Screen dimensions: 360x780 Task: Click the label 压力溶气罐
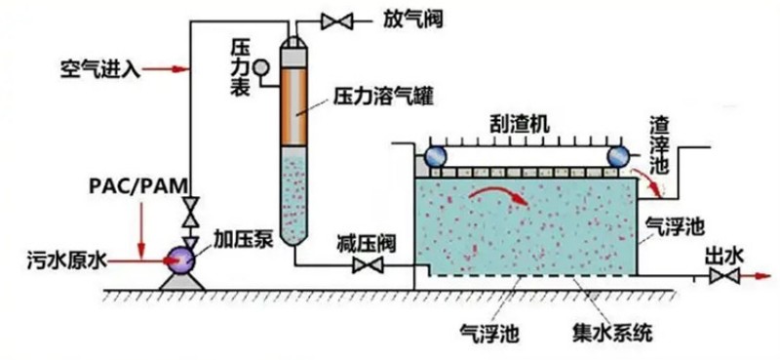pos(382,97)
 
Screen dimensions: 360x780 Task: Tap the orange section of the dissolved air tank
pos(295,97)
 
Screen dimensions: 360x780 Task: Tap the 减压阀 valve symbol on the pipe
pos(368,265)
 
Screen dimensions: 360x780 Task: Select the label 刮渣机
pos(520,123)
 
